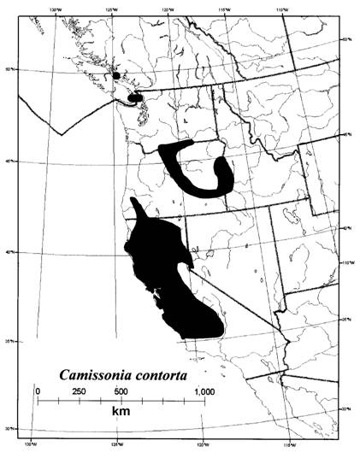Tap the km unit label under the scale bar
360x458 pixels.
click(x=120, y=412)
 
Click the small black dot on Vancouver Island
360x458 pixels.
click(x=116, y=75)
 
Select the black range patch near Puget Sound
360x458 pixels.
click(x=135, y=98)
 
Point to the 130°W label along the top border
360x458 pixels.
click(x=56, y=12)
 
